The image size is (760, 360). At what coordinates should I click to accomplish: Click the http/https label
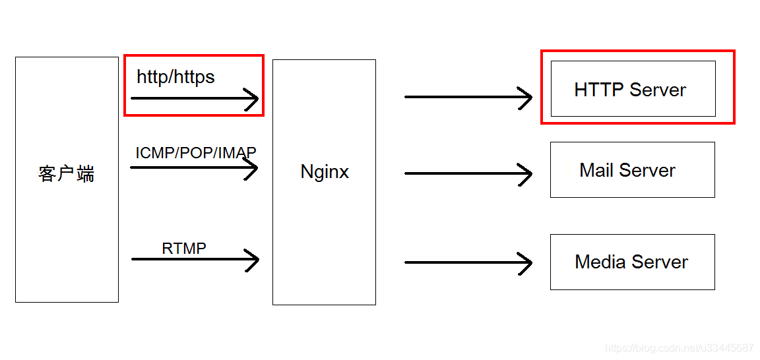pyautogui.click(x=175, y=77)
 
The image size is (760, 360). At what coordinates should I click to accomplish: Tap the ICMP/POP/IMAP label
pyautogui.click(x=195, y=153)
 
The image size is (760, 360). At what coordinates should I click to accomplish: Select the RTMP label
pyautogui.click(x=184, y=249)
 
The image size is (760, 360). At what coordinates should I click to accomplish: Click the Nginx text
pyautogui.click(x=325, y=172)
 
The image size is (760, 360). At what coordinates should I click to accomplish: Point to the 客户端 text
pyautogui.click(x=66, y=174)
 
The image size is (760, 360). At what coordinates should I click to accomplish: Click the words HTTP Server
pyautogui.click(x=630, y=90)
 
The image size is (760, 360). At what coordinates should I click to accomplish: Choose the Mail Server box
pyautogui.click(x=632, y=169)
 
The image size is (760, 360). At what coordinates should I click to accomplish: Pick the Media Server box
pyautogui.click(x=632, y=262)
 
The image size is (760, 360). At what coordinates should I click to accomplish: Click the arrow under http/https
pyautogui.click(x=195, y=99)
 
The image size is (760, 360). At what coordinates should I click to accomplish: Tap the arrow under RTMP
pyautogui.click(x=195, y=259)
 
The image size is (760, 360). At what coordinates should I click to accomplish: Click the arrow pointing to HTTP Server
pyautogui.click(x=468, y=97)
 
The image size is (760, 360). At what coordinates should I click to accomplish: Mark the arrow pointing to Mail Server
pyautogui.click(x=468, y=173)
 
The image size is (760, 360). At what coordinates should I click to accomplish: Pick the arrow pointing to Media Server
pyautogui.click(x=468, y=262)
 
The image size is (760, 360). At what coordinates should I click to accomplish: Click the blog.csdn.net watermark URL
pyautogui.click(x=679, y=348)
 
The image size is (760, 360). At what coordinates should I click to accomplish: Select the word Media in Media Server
pyautogui.click(x=600, y=262)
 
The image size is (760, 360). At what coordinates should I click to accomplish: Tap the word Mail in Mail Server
pyautogui.click(x=596, y=170)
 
